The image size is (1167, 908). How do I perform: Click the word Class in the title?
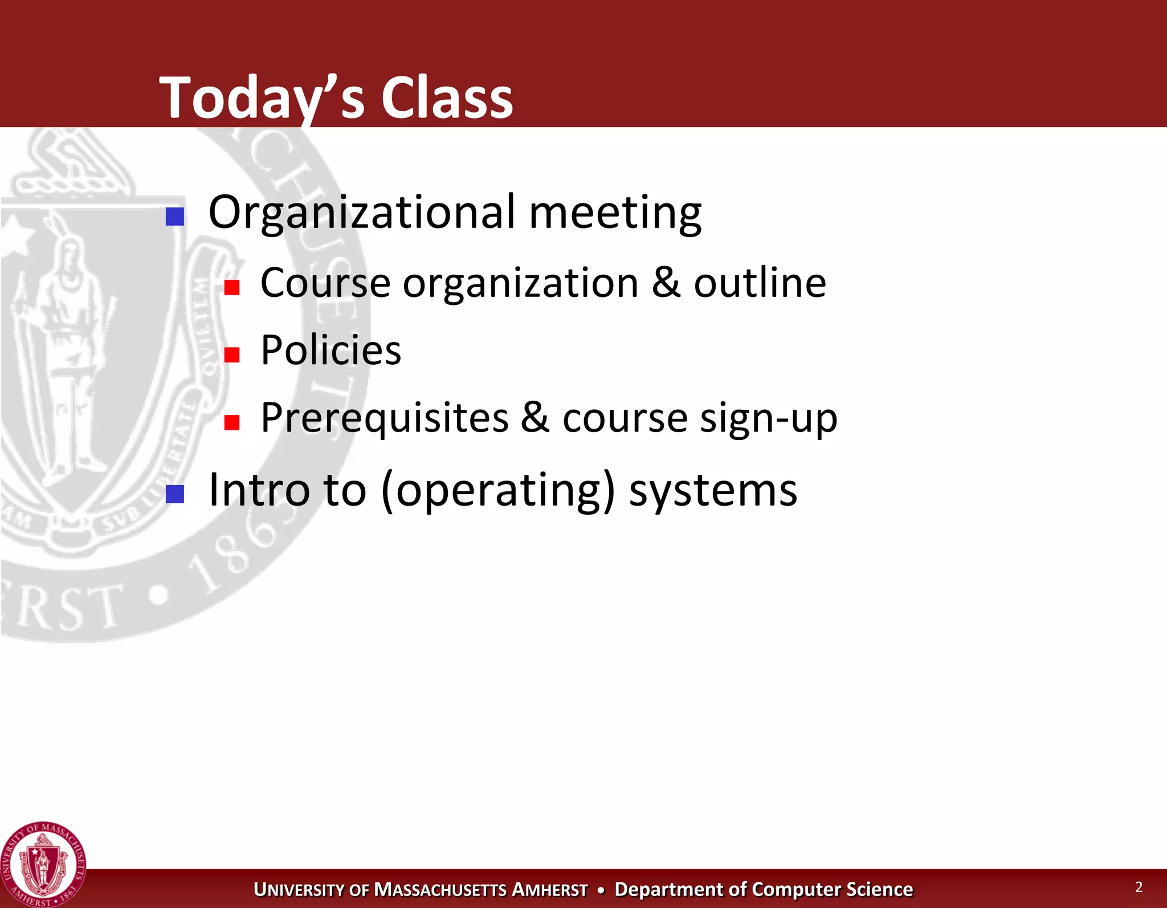447,98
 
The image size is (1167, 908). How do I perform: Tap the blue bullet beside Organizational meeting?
174,217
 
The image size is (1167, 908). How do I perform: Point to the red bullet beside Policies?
231,355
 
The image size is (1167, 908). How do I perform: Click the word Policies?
330,350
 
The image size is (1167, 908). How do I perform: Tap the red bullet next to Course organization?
231,287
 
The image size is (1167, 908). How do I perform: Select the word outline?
760,283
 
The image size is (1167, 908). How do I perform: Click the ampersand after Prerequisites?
534,417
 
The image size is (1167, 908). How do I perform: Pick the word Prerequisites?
384,418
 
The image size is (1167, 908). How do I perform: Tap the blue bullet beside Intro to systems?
174,494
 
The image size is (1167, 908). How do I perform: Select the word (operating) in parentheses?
499,491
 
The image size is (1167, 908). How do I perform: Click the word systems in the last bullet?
713,491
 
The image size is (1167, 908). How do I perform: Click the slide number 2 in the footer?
1139,887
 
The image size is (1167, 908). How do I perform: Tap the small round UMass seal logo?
43,865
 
